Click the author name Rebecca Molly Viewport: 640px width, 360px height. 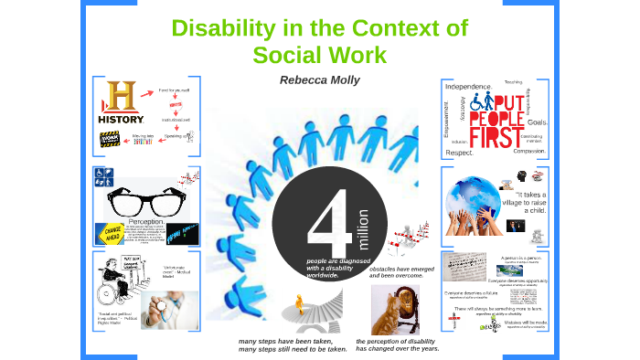pyautogui.click(x=320, y=80)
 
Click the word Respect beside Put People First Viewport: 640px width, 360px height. pyautogui.click(x=459, y=153)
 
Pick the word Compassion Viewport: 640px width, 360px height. pyautogui.click(x=530, y=151)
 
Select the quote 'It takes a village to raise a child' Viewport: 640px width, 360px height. pyautogui.click(x=529, y=202)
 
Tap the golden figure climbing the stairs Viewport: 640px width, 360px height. pyautogui.click(x=298, y=301)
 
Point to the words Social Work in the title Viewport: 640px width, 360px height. pyautogui.click(x=319, y=55)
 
